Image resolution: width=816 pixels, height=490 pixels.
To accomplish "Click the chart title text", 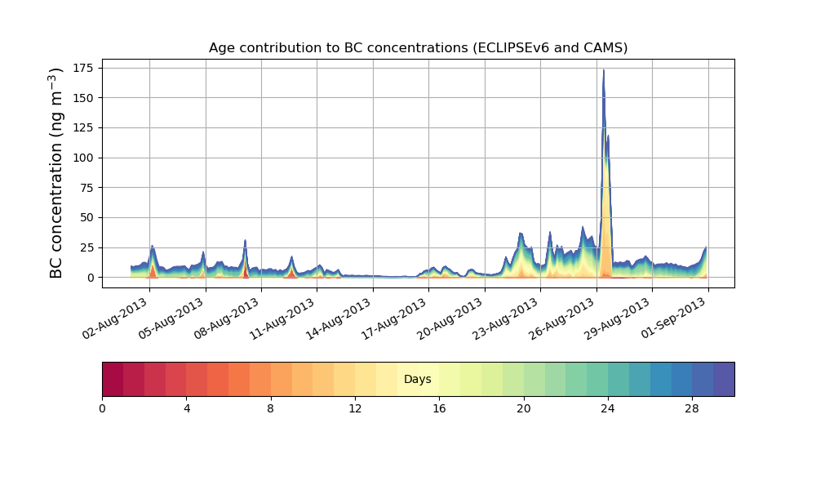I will click(x=418, y=47).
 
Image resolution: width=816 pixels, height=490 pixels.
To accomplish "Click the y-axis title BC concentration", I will click(x=56, y=174).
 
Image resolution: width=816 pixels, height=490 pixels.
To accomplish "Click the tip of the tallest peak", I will click(x=603, y=70).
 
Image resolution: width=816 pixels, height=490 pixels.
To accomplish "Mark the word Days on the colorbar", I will click(x=418, y=380).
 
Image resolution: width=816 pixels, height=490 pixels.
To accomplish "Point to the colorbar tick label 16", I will click(x=439, y=408).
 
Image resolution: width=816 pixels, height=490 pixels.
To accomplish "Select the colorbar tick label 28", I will click(x=692, y=408).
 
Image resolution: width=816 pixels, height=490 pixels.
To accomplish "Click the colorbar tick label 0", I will click(x=102, y=408).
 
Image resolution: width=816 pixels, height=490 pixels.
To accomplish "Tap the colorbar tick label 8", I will click(x=271, y=408).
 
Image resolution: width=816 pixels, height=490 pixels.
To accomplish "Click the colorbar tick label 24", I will click(x=608, y=408).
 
